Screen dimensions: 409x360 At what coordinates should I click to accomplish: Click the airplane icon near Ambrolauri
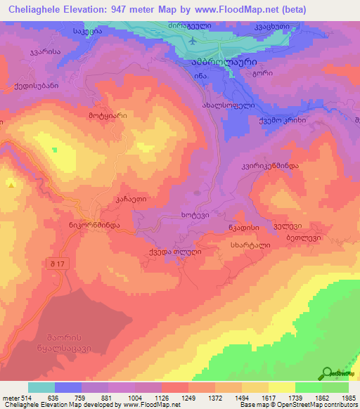pos(193,41)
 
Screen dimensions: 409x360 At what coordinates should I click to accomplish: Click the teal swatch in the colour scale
pos(41,387)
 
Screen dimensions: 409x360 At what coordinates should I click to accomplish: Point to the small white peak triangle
pos(11,184)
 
